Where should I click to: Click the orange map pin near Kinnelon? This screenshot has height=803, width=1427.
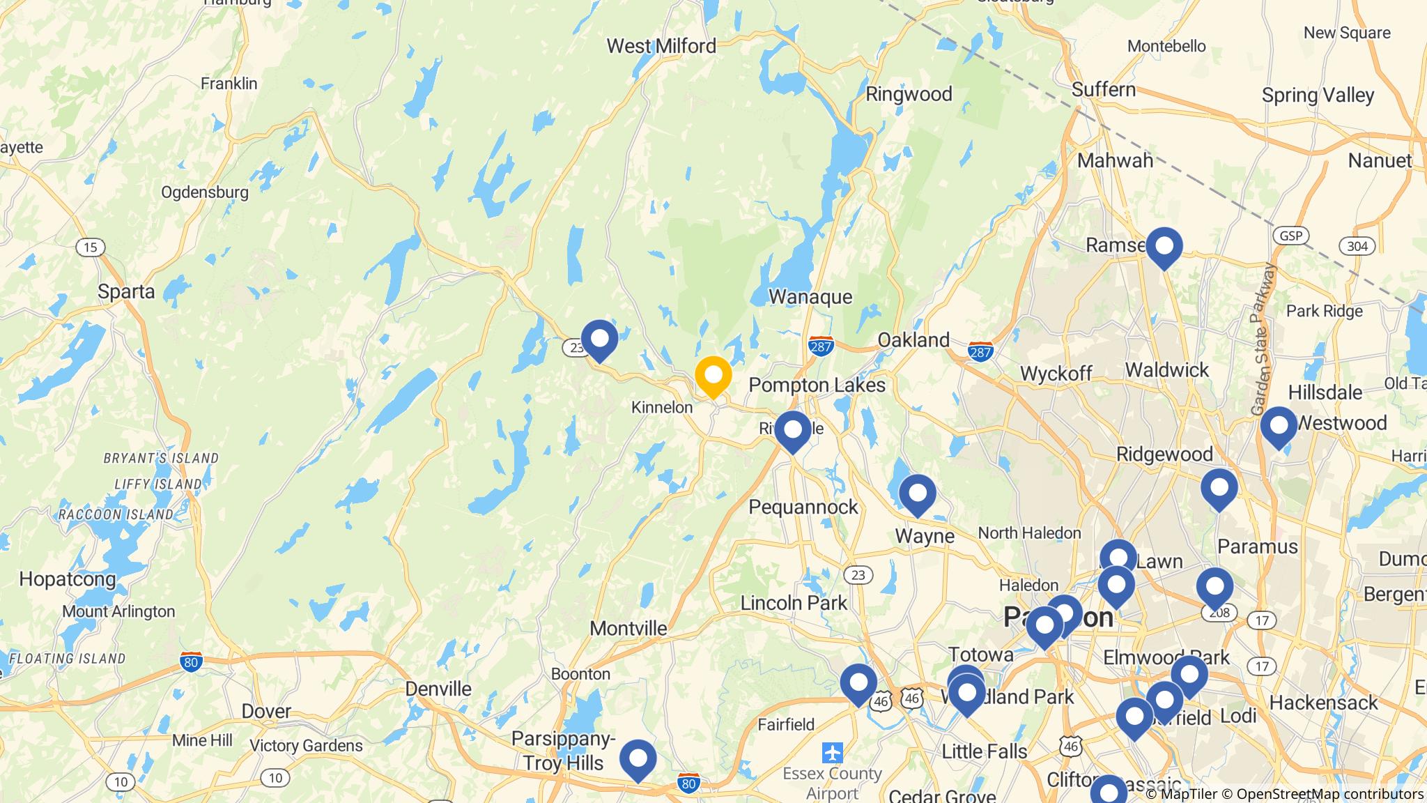point(713,376)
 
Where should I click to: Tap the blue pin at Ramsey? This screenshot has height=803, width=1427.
point(1164,247)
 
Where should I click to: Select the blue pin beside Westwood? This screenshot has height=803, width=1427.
point(1278,426)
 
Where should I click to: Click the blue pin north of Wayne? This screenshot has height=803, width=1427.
point(917,494)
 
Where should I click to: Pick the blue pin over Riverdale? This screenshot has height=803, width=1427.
point(792,430)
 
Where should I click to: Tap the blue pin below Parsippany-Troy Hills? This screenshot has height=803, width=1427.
point(638,759)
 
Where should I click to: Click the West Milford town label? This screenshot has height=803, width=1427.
point(661,46)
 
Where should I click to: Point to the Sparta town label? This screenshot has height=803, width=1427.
point(126,291)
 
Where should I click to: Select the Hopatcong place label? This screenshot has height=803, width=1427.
point(67,579)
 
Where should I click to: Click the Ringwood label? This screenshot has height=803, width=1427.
point(908,94)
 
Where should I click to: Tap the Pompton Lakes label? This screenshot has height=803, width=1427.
point(817,385)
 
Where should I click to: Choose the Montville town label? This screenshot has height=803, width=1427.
point(628,628)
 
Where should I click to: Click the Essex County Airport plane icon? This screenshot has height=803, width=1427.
point(832,753)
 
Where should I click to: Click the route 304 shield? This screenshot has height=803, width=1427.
point(1357,246)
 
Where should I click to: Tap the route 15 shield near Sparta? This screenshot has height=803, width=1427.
point(91,247)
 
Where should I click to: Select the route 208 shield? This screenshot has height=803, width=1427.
point(1218,613)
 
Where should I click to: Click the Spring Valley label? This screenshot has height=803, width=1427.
point(1318,95)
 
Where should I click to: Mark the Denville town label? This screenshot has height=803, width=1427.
point(438,689)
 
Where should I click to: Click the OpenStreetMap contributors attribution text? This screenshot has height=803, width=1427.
point(1330,794)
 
